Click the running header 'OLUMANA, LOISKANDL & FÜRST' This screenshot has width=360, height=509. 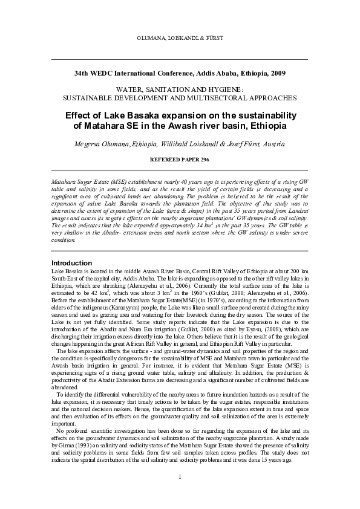180,38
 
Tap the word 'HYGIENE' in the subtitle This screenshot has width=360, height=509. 226,88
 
